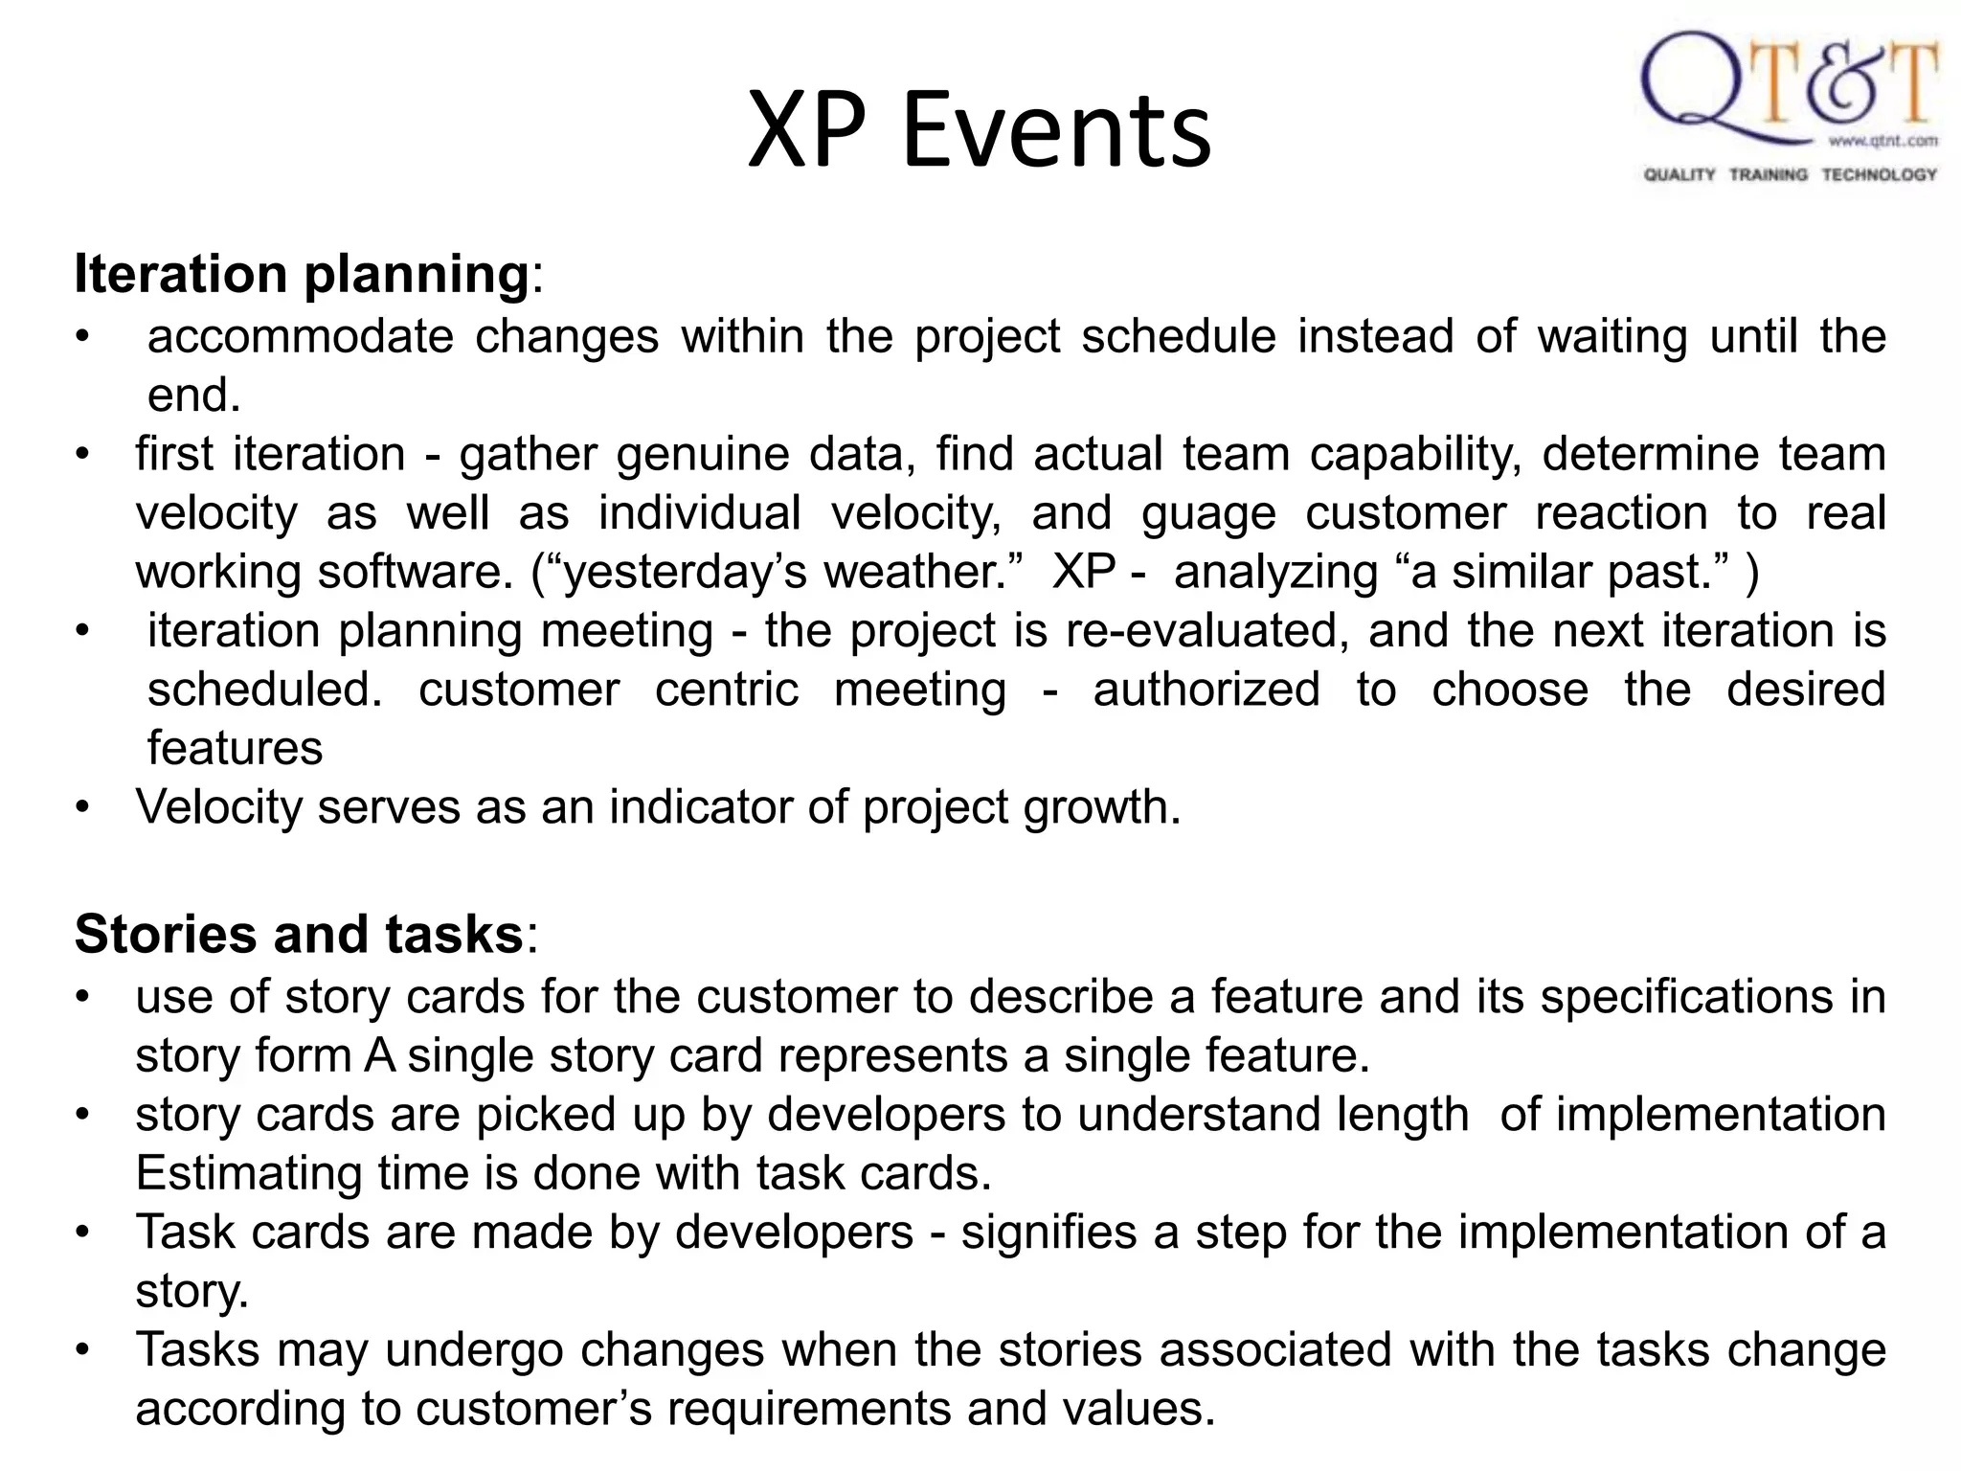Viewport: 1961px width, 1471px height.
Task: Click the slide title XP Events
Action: tap(979, 129)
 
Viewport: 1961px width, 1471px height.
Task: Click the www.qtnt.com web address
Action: tap(1882, 141)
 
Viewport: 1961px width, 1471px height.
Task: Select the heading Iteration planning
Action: tap(302, 274)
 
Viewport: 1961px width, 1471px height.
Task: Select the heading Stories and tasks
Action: tap(299, 934)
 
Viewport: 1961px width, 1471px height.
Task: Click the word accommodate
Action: tap(300, 336)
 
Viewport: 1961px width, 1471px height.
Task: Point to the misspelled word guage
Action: tap(1208, 513)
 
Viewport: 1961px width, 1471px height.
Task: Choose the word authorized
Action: tap(1206, 690)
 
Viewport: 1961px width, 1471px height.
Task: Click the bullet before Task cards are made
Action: tap(83, 1233)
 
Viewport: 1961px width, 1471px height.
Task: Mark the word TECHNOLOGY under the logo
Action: tap(1879, 174)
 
